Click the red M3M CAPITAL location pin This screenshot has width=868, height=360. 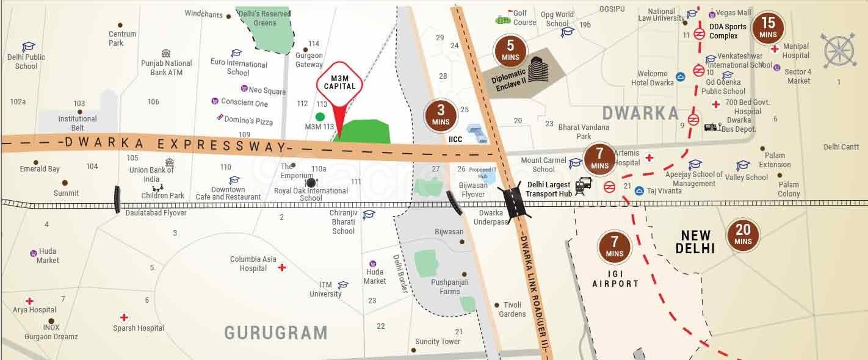click(340, 89)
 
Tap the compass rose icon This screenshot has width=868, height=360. click(840, 50)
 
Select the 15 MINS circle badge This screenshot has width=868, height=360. click(768, 28)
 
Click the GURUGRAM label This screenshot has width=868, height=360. click(276, 333)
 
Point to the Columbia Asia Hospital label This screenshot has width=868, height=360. click(253, 264)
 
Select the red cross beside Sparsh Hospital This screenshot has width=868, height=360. click(124, 317)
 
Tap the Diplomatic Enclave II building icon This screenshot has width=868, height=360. click(537, 68)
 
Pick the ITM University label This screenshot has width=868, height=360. click(325, 289)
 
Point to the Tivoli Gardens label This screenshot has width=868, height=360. click(512, 309)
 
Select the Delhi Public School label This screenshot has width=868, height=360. click(26, 62)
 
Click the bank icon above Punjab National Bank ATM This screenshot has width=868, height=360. click(166, 53)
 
